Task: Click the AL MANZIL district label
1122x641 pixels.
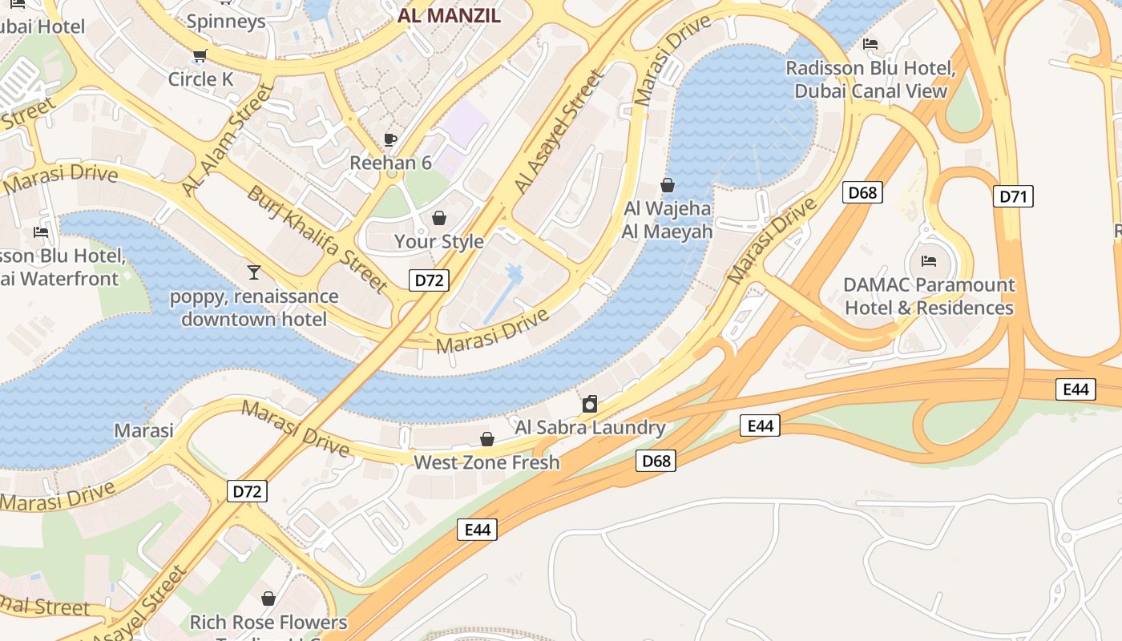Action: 450,15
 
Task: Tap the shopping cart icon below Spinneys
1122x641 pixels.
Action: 200,55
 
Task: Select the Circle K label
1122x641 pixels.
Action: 200,79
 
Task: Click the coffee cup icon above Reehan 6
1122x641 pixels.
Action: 390,139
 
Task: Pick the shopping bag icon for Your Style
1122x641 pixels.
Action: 438,218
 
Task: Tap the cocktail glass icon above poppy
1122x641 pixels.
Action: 254,272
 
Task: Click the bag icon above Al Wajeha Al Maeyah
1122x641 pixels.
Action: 668,186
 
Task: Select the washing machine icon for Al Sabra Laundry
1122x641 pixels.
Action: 590,404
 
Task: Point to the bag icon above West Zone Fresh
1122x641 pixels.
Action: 486,439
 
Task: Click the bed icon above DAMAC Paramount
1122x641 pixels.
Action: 929,261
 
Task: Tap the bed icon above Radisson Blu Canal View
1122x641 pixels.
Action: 870,44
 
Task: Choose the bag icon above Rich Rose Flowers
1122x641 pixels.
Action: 268,599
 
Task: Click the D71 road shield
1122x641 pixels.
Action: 1013,196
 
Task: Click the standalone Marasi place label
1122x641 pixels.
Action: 143,430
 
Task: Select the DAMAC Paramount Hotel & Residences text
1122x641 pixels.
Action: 929,296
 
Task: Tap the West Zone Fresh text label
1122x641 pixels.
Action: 486,462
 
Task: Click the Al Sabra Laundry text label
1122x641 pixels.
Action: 590,427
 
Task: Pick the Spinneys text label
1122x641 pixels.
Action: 226,21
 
